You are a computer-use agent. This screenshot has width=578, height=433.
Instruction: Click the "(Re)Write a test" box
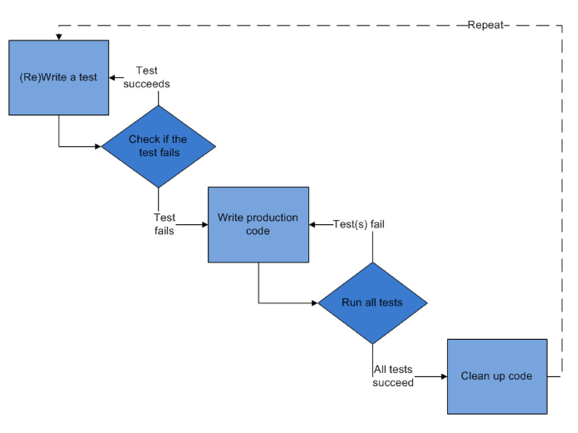pos(59,77)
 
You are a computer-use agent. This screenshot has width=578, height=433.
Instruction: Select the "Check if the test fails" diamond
pos(159,146)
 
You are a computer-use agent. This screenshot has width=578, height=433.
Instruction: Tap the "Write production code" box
pos(259,225)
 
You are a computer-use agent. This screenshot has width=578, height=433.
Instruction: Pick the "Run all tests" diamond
pos(373,303)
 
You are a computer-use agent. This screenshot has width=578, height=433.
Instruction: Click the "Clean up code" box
pos(497,377)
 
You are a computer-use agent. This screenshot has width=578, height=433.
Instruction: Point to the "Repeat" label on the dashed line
pos(485,25)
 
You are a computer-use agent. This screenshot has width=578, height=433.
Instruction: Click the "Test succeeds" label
pos(147,77)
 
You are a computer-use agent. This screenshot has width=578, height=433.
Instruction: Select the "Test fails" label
pos(164,224)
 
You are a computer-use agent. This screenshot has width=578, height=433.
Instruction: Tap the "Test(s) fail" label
pos(358,224)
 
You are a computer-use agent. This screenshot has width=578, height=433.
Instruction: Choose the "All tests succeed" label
pos(393,376)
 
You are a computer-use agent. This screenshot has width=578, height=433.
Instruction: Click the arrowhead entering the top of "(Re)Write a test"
pos(59,37)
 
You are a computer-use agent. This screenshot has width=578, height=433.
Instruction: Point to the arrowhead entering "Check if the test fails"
pos(98,146)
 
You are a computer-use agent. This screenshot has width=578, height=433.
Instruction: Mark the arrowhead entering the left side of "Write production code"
pos(205,225)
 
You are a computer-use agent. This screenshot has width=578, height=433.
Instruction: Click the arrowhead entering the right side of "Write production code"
pos(312,225)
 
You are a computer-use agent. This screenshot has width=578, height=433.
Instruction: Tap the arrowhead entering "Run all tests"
pos(315,303)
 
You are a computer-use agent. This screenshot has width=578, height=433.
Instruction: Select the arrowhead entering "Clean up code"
pos(444,377)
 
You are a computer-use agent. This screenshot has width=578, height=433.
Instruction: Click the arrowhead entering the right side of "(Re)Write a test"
pos(112,77)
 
